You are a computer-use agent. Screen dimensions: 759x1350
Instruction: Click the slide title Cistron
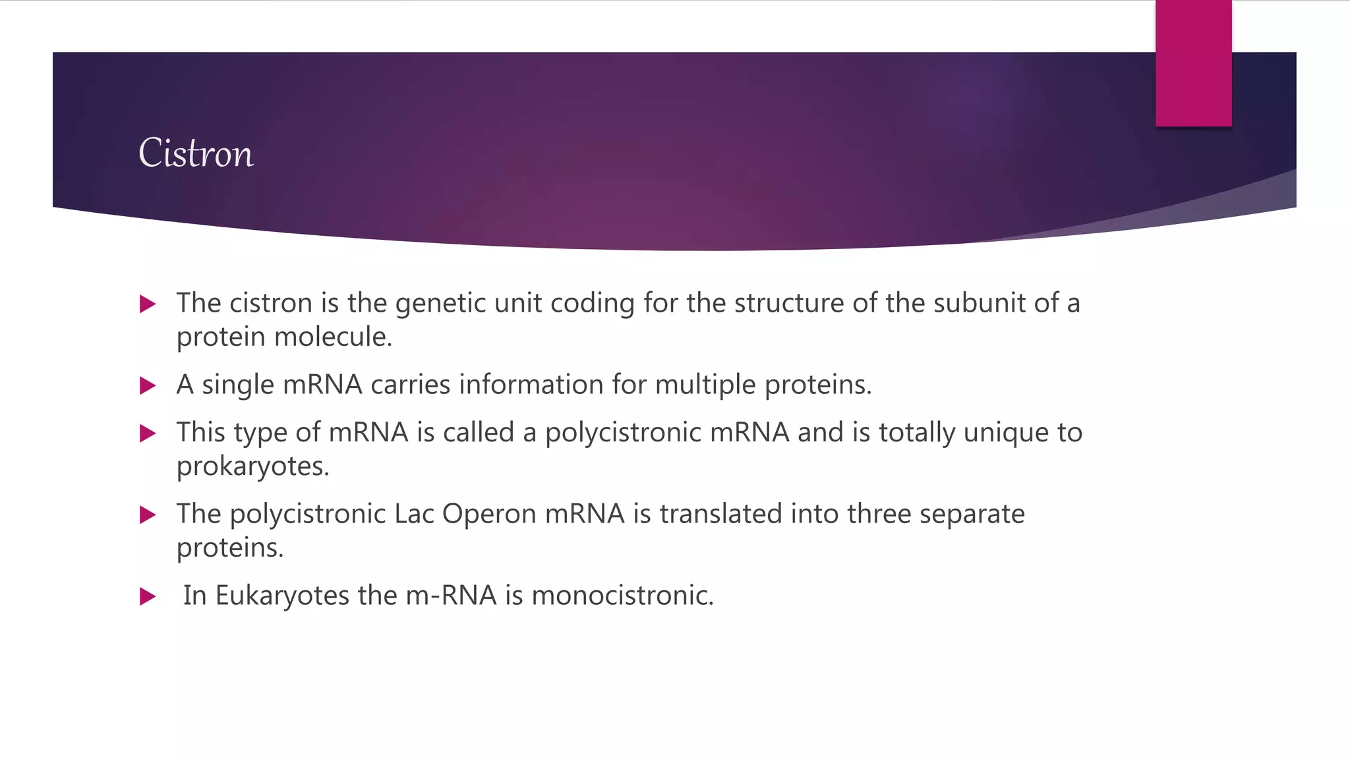pos(196,154)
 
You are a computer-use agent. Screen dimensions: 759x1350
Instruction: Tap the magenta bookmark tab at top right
pos(1193,63)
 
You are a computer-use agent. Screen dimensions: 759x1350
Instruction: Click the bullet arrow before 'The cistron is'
pos(148,304)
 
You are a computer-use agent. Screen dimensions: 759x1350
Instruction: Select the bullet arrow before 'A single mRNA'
pos(148,385)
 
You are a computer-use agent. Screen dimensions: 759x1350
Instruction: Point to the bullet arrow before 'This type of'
pos(148,434)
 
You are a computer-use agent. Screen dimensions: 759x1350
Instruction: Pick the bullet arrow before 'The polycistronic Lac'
pos(148,515)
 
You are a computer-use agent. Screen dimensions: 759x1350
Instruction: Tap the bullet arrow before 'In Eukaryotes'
pos(148,597)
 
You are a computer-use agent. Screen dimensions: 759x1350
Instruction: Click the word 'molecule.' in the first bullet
pos(333,337)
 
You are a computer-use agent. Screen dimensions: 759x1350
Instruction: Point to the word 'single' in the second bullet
pos(238,385)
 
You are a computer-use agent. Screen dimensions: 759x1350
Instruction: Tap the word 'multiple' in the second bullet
pos(705,385)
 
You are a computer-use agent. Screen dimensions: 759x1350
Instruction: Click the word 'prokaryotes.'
pos(252,466)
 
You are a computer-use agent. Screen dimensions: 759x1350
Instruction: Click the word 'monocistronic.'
pos(622,596)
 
